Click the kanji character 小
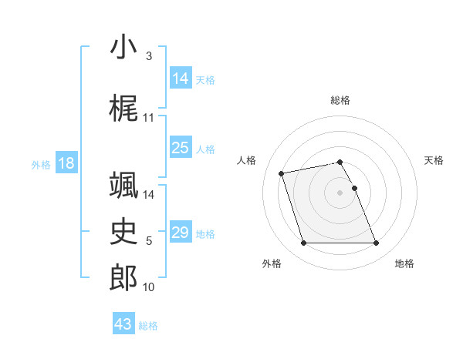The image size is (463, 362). click(123, 48)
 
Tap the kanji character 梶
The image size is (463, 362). click(123, 109)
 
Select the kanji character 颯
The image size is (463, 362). click(123, 185)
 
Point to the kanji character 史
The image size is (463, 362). click(123, 231)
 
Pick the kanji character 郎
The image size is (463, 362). click(123, 278)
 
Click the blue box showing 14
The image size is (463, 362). click(181, 79)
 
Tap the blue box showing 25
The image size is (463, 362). click(181, 148)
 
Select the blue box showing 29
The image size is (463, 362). click(181, 233)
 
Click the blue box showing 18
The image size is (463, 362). click(66, 163)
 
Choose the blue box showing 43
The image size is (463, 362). click(123, 324)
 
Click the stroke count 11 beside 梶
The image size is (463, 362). click(149, 118)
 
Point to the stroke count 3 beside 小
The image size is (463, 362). click(149, 56)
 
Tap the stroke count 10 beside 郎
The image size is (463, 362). click(149, 287)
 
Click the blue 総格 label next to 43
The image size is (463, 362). click(149, 326)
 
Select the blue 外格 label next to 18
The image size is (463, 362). click(40, 165)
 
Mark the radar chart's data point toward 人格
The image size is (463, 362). click(282, 173)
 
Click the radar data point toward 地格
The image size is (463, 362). click(376, 243)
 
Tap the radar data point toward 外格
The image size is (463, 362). click(303, 243)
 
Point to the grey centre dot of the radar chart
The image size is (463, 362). click(340, 192)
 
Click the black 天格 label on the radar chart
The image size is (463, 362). click(434, 160)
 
